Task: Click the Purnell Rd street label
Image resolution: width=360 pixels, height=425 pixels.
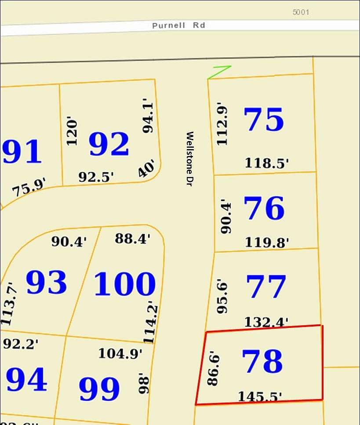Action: pos(178,25)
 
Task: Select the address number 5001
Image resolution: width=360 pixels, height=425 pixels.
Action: pos(301,12)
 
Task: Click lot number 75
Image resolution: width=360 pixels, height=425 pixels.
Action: pos(264,120)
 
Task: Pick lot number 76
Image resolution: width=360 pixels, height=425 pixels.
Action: pos(264,208)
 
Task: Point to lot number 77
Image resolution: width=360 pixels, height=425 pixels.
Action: pos(266,287)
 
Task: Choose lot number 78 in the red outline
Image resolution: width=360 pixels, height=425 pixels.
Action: pos(262,362)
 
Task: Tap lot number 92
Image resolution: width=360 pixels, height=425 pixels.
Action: pos(109,144)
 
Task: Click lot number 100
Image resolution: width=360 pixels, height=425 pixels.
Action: pos(125,283)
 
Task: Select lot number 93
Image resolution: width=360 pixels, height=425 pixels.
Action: pos(47,282)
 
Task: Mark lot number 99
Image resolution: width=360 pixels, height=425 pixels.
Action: pos(99,389)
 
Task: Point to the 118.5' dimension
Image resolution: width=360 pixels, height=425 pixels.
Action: pos(267,163)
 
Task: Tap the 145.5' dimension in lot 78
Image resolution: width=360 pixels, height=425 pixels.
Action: pos(260,396)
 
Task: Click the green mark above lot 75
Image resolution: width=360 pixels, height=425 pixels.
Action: pos(219,72)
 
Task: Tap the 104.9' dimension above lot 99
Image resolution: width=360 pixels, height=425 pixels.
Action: pos(120,353)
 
